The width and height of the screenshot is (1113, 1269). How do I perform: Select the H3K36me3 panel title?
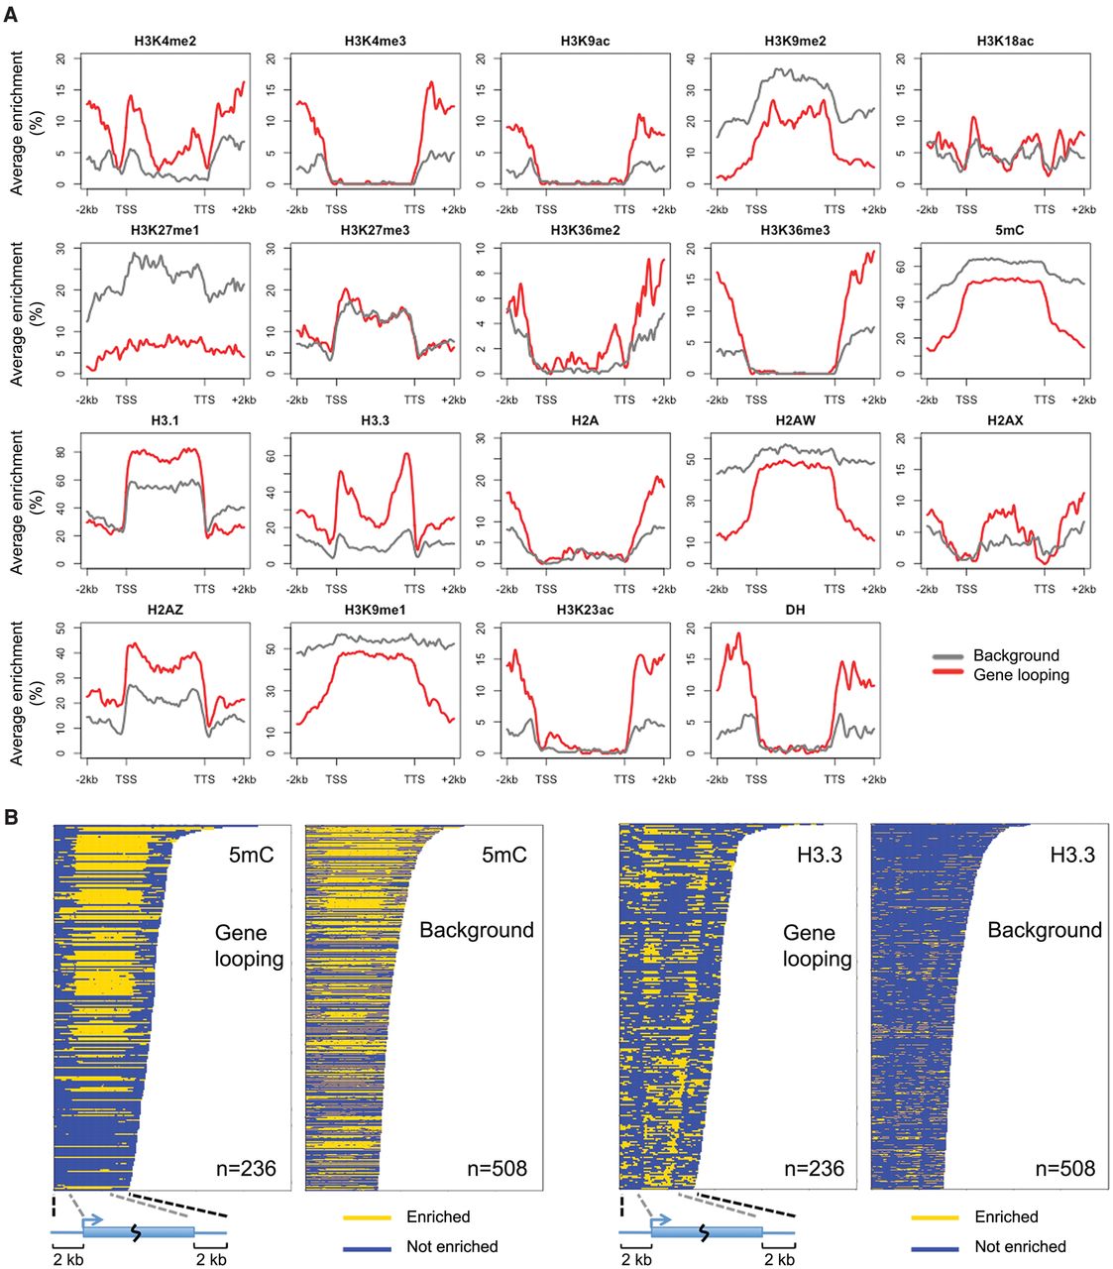(795, 231)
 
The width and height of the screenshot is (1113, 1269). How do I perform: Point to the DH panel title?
(795, 610)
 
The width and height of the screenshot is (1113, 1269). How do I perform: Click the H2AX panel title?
(1005, 420)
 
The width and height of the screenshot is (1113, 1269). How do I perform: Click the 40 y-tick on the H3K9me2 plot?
(691, 58)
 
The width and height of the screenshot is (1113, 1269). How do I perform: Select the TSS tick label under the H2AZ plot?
(126, 779)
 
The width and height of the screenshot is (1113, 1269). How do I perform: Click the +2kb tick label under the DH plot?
(872, 779)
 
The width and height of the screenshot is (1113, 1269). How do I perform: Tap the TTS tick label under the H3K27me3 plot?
(414, 400)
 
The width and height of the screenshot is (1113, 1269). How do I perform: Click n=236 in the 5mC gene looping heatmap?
(246, 1168)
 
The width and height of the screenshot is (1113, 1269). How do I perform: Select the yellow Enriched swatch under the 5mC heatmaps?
(367, 1217)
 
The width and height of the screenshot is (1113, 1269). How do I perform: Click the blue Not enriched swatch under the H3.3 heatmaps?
(935, 1247)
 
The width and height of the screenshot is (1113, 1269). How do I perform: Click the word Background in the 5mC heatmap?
(476, 931)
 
